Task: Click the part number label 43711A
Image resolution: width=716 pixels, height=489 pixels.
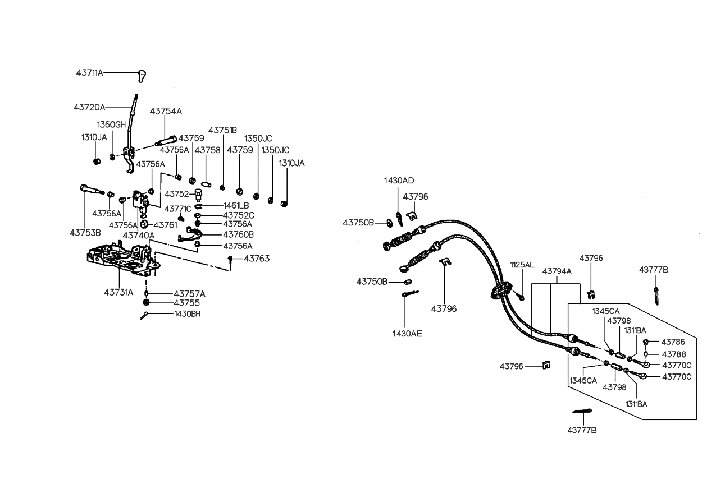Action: click(90, 73)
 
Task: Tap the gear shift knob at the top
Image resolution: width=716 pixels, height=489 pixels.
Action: click(143, 75)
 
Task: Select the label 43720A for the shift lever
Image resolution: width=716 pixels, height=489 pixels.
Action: click(89, 107)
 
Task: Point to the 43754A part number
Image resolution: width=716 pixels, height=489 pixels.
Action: click(166, 112)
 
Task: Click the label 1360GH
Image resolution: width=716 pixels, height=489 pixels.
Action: click(111, 124)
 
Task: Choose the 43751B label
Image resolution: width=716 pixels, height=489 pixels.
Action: click(223, 130)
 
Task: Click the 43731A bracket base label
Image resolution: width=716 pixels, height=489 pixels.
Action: click(118, 292)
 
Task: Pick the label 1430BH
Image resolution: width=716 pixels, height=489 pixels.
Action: click(187, 314)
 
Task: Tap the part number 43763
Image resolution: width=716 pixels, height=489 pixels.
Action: click(257, 259)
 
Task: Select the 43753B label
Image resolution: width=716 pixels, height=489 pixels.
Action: click(85, 232)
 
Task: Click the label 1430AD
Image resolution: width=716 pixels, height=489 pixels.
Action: click(399, 181)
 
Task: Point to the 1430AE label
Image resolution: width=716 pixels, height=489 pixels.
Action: click(407, 334)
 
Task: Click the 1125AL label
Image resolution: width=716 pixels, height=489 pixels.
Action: click(522, 264)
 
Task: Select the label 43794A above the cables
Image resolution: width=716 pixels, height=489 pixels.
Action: click(557, 271)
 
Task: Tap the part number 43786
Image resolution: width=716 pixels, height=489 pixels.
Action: click(673, 342)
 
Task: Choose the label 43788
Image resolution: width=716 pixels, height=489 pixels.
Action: click(673, 354)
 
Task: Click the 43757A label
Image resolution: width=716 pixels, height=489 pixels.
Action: click(189, 293)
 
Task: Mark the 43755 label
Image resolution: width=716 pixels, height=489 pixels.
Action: click(186, 303)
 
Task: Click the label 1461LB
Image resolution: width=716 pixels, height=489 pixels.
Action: click(236, 205)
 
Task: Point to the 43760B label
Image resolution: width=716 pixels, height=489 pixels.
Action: click(238, 234)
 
